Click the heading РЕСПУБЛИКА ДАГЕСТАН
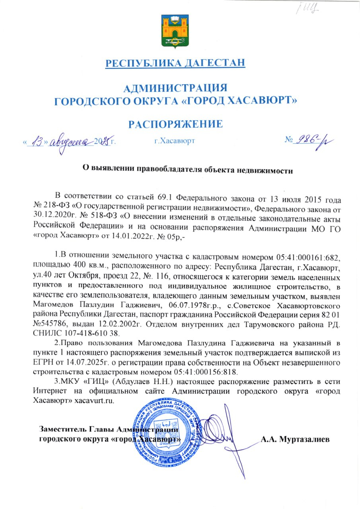pos(175,63)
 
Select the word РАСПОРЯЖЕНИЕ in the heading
pos(175,124)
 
